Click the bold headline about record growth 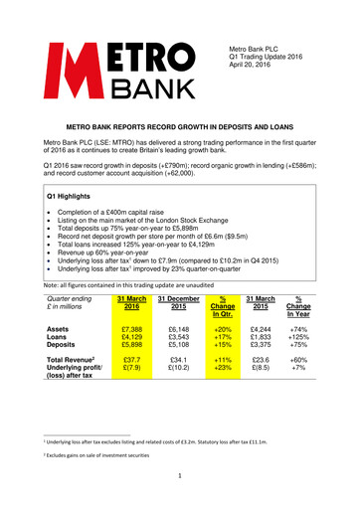tap(179, 129)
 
